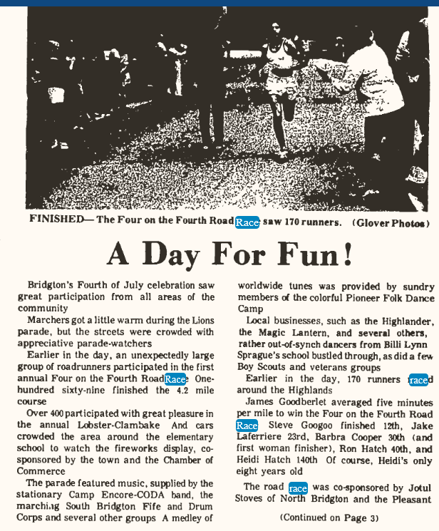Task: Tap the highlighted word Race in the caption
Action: pos(247,222)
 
